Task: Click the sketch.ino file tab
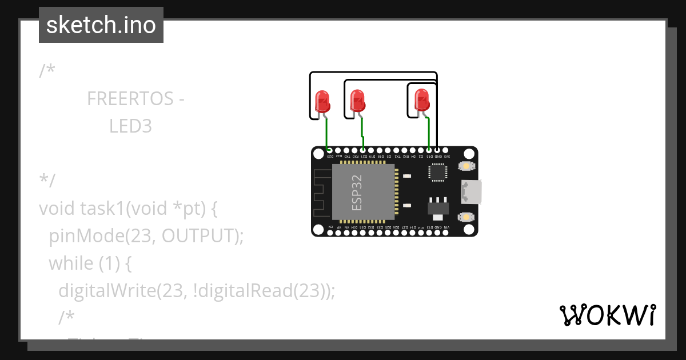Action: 101,25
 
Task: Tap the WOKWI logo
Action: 607,315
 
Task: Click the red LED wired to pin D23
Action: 322,101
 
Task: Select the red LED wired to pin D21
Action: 357,101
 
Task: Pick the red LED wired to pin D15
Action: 421,101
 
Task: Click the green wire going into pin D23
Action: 326,134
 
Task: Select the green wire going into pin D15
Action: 429,134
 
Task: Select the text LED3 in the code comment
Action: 130,126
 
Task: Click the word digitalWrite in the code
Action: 107,291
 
